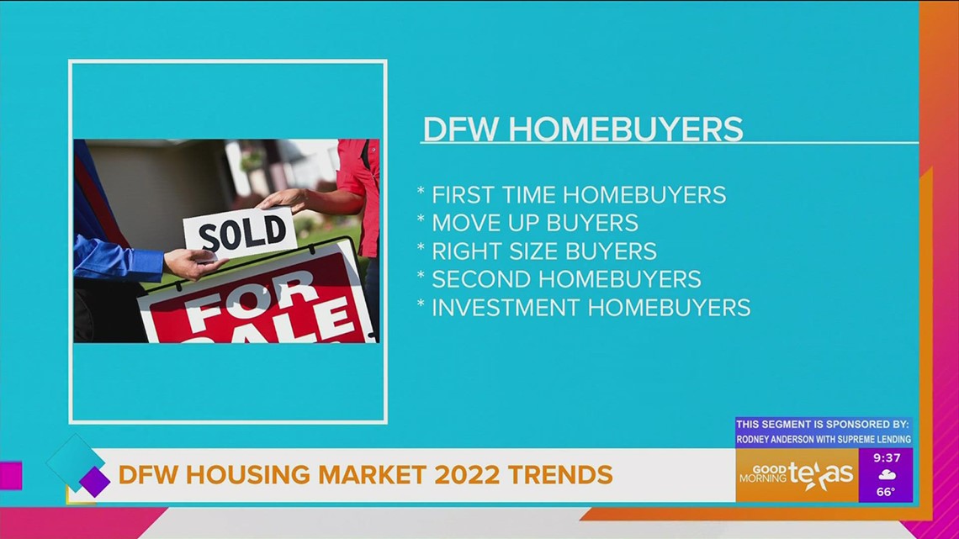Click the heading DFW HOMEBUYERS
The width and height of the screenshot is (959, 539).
(583, 129)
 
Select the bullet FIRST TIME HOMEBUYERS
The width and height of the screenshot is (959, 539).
(578, 195)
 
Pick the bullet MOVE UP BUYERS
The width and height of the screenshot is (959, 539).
(534, 223)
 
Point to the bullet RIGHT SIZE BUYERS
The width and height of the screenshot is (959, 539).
(543, 251)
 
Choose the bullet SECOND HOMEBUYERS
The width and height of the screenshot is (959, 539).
(565, 279)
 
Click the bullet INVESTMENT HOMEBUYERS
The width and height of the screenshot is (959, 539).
(591, 308)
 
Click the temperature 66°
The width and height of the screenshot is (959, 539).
(886, 492)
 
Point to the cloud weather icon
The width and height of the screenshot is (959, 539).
(886, 475)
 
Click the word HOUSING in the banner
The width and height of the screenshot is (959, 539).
(241, 475)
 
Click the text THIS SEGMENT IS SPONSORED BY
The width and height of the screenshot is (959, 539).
(823, 425)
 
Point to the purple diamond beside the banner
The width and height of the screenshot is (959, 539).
(94, 482)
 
